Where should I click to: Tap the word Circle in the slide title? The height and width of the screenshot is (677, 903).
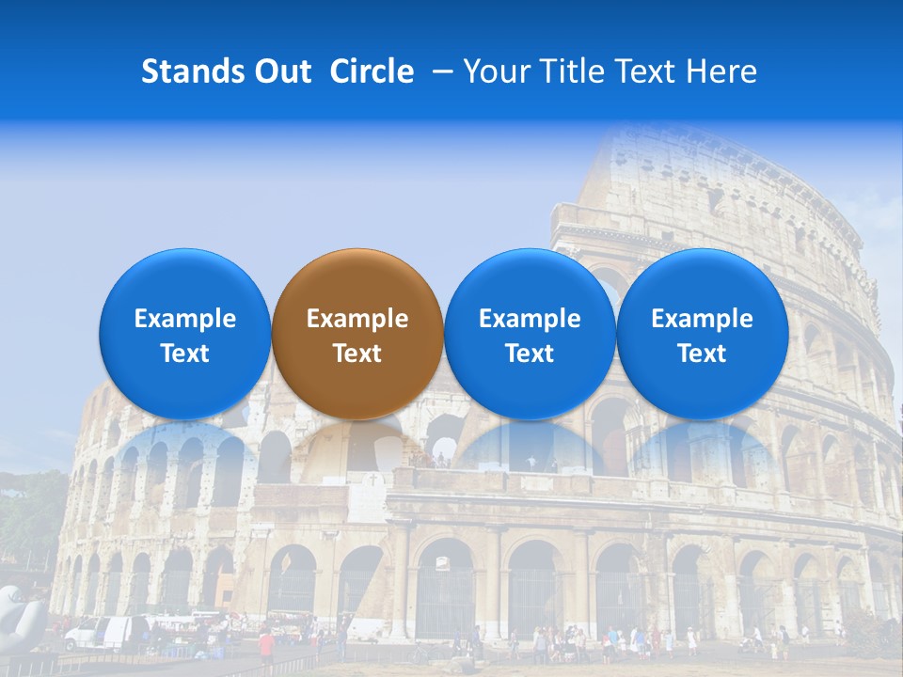(372, 71)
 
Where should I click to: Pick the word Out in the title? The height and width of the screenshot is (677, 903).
(285, 71)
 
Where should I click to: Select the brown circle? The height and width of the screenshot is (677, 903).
(357, 334)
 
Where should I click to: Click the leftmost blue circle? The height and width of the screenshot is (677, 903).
(185, 334)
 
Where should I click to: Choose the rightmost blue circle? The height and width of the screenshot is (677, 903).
(702, 334)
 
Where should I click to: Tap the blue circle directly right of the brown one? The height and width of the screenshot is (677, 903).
(530, 334)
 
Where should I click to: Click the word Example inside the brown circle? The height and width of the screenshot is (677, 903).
(357, 319)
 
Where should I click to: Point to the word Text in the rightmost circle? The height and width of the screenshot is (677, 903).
(702, 354)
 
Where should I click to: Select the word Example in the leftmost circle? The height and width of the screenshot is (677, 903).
(185, 319)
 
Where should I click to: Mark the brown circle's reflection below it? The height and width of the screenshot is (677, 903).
(357, 447)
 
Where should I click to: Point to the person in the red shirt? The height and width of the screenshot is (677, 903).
(266, 644)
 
